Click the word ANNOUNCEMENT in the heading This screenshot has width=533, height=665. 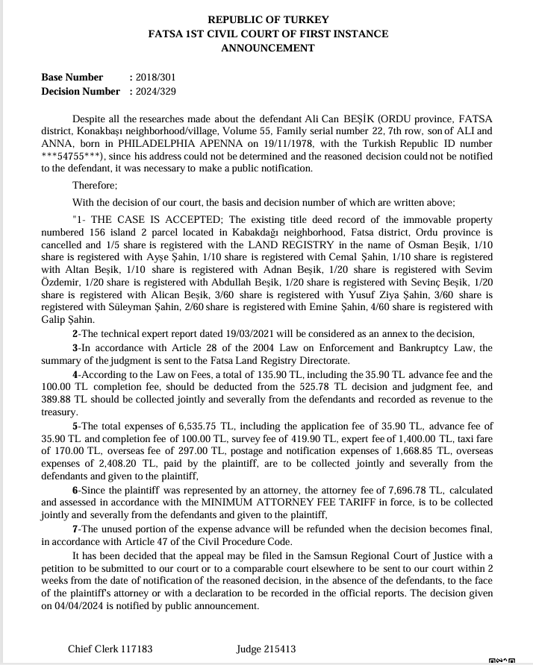tap(267, 48)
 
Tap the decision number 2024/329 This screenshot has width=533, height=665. tap(155, 91)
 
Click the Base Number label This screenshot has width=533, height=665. tap(72, 77)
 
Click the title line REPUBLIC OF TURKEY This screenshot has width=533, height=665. tap(267, 20)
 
